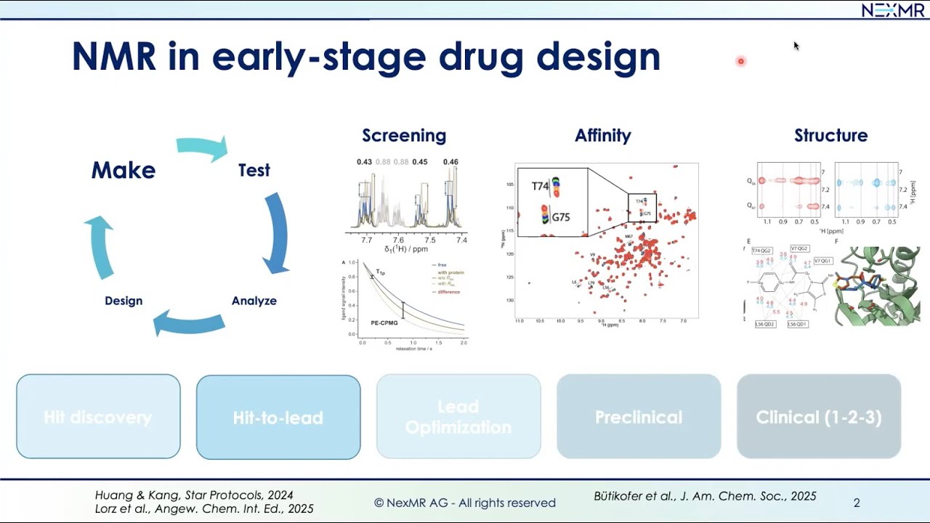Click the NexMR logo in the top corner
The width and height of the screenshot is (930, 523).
pyautogui.click(x=893, y=10)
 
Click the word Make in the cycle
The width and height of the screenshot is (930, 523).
pyautogui.click(x=123, y=170)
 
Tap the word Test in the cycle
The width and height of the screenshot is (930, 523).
pyautogui.click(x=254, y=170)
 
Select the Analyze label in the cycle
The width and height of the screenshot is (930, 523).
pyautogui.click(x=254, y=301)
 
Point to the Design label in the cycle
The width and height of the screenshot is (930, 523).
pyautogui.click(x=124, y=301)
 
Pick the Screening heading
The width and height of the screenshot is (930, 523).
pyautogui.click(x=404, y=136)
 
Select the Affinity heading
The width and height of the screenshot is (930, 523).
pyautogui.click(x=602, y=136)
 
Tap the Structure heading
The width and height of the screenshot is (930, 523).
pyautogui.click(x=830, y=136)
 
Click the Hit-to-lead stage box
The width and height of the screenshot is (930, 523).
pyautogui.click(x=278, y=418)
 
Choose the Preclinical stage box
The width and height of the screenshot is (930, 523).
pyautogui.click(x=639, y=418)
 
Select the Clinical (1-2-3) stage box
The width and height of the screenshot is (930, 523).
pyautogui.click(x=819, y=418)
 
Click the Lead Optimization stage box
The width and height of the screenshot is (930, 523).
pyautogui.click(x=458, y=418)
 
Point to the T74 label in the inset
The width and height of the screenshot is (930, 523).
pyautogui.click(x=540, y=186)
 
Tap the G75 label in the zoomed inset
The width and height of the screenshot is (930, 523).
pyautogui.click(x=560, y=217)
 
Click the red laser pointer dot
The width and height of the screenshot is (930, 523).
pyautogui.click(x=741, y=62)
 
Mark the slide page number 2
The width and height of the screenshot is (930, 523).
pyautogui.click(x=857, y=503)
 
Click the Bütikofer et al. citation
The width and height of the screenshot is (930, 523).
pyautogui.click(x=705, y=496)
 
